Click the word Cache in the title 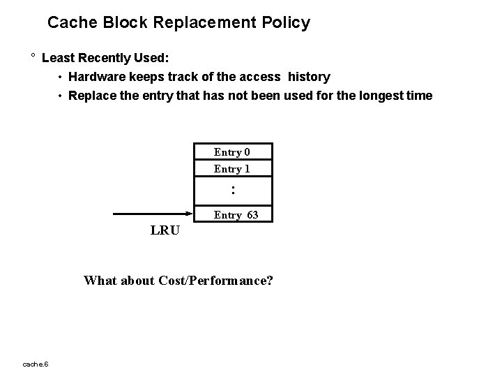coord(69,22)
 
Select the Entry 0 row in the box coord(232,152)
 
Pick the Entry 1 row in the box coord(232,169)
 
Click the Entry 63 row coord(236,215)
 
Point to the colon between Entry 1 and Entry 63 coord(233,189)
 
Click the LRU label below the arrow coord(165,231)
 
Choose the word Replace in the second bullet coord(93,96)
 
